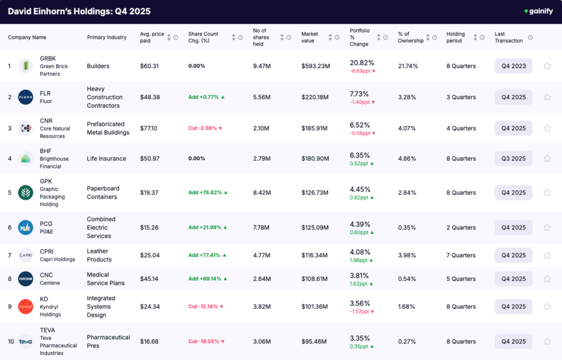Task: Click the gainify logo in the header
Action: (538, 11)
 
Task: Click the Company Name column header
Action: (27, 37)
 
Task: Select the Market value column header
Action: (310, 37)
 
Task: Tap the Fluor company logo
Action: (26, 97)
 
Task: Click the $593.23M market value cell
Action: (316, 66)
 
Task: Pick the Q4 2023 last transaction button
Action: (513, 66)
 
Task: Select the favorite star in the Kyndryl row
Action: (547, 307)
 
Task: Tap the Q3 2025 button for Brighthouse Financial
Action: (513, 159)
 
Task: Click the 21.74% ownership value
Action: (408, 66)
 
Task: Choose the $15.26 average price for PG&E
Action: (149, 227)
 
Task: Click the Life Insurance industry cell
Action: (106, 159)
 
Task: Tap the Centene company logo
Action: (26, 279)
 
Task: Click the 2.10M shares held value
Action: (262, 128)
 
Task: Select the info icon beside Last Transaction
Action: (530, 37)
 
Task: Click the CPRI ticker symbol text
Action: (47, 251)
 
